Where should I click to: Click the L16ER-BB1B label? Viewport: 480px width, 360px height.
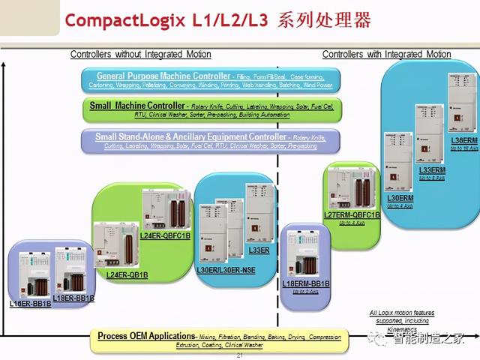(x=30, y=304)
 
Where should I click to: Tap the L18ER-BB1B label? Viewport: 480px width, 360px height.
(x=75, y=298)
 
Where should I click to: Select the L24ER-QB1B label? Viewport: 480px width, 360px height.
(x=127, y=275)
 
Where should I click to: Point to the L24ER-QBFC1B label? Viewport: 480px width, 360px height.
(x=165, y=236)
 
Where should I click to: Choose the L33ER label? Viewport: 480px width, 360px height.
(x=259, y=249)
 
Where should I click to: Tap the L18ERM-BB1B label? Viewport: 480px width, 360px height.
(x=306, y=284)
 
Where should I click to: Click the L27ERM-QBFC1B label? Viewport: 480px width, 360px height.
(x=351, y=215)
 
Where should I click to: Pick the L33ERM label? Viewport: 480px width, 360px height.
(x=432, y=170)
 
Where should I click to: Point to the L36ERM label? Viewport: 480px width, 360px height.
(x=463, y=140)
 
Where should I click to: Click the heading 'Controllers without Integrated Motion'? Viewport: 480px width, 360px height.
(x=140, y=54)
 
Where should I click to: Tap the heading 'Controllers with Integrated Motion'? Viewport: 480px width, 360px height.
(x=386, y=54)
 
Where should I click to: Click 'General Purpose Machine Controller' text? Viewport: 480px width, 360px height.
(x=163, y=76)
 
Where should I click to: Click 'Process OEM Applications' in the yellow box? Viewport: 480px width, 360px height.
(x=145, y=336)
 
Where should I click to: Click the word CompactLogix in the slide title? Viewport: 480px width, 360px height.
(x=122, y=20)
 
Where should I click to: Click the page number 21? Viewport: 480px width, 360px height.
(x=240, y=355)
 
